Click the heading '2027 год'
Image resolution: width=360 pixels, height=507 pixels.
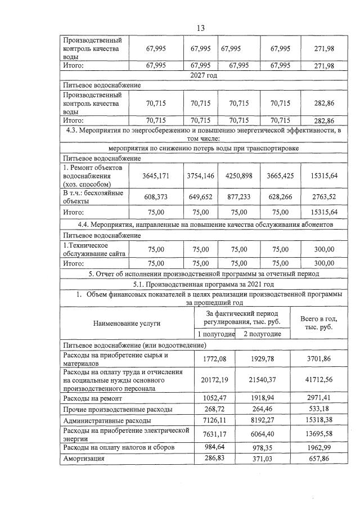click(x=201, y=75)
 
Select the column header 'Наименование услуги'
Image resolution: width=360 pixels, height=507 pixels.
click(x=127, y=323)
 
